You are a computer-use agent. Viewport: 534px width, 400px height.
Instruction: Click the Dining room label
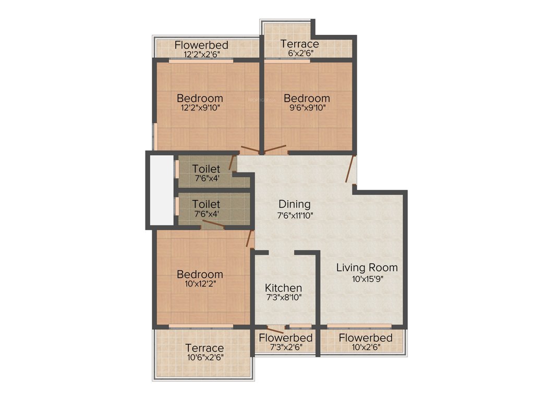(x=294, y=204)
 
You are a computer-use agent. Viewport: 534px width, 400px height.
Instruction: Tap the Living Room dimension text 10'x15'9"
(x=367, y=279)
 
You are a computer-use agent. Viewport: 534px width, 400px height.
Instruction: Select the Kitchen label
(x=283, y=288)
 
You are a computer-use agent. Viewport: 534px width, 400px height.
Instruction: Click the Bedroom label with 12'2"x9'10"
(x=200, y=98)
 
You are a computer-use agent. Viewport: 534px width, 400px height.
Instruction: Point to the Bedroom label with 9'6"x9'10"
(x=307, y=98)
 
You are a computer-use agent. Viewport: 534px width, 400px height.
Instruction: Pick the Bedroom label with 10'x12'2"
(x=200, y=274)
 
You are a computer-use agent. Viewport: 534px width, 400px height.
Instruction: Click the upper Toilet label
(x=206, y=169)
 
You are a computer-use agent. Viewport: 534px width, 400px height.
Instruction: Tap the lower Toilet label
(x=206, y=204)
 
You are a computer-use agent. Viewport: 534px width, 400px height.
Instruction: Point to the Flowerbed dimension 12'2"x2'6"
(x=201, y=54)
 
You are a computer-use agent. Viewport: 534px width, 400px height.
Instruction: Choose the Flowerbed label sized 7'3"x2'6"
(x=286, y=347)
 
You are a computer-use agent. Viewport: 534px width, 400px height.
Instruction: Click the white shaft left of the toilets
(x=161, y=190)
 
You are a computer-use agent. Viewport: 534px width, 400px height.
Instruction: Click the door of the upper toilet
(x=232, y=162)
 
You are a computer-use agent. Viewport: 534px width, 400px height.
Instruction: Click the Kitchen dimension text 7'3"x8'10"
(x=283, y=298)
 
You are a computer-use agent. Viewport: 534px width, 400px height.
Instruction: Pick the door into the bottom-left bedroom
(x=250, y=239)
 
